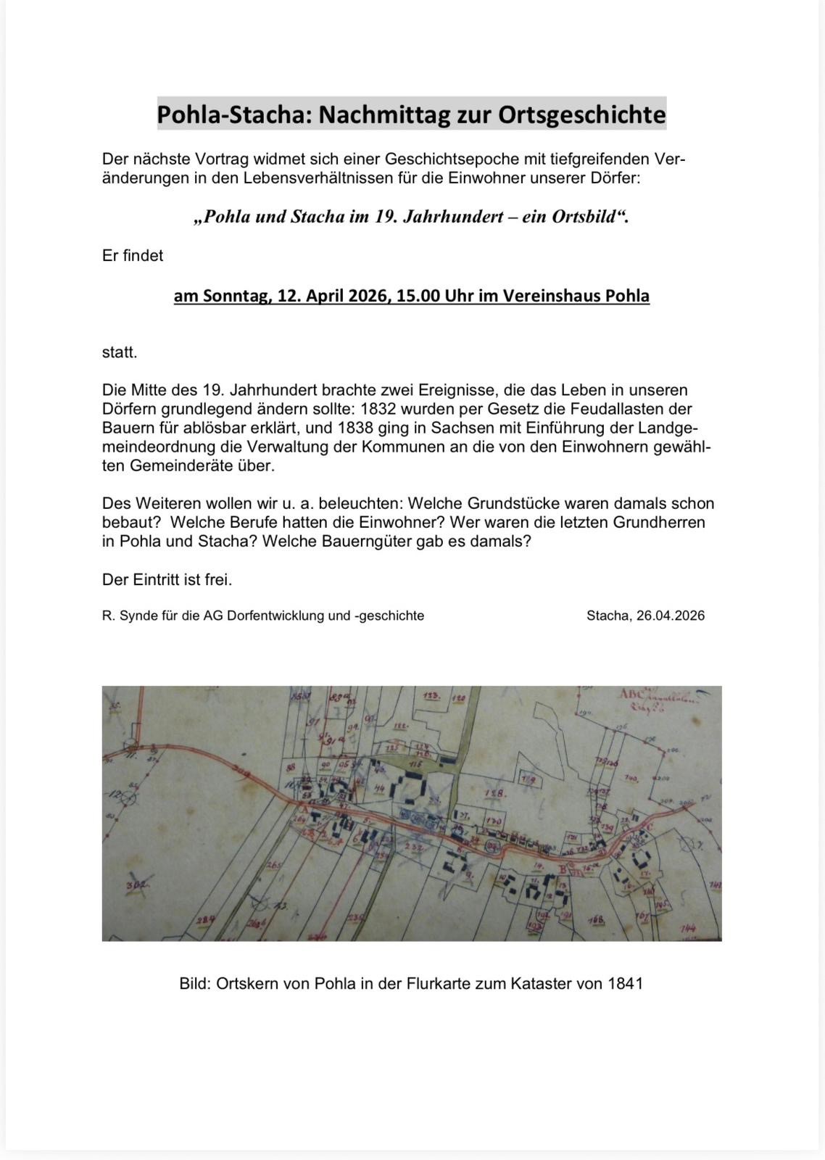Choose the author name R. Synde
[125, 616]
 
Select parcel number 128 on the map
[495, 794]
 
